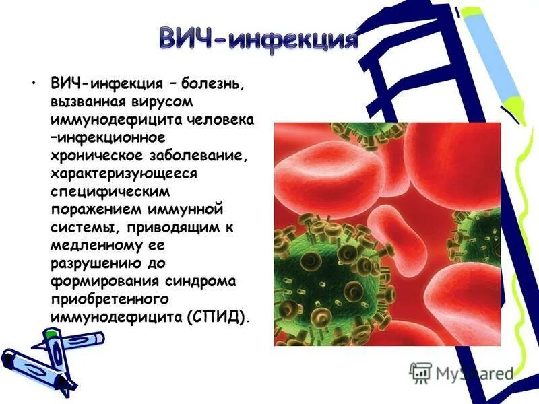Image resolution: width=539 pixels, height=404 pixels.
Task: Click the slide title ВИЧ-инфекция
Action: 258,38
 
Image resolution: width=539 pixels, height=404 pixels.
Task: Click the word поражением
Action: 92,209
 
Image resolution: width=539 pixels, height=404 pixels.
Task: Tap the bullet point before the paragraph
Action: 32,85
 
